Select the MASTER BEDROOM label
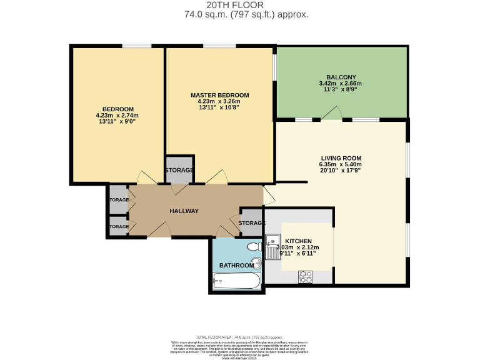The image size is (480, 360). point(219,95)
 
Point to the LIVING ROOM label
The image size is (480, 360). point(341,157)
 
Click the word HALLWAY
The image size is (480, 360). point(184,211)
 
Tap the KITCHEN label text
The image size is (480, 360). point(298,241)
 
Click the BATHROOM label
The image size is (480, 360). point(236,266)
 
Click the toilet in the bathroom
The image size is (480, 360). point(254,247)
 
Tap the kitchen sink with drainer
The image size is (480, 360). point(273,246)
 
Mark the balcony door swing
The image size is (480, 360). point(332,113)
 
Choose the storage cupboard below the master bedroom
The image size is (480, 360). point(179,170)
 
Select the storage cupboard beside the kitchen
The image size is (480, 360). point(251,223)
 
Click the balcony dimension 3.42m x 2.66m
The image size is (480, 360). point(341,82)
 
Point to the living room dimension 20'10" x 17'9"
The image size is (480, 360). point(341,171)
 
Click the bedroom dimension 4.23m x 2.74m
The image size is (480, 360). point(117,116)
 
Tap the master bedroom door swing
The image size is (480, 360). point(216,177)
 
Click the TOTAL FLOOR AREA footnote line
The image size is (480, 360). point(239,337)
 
